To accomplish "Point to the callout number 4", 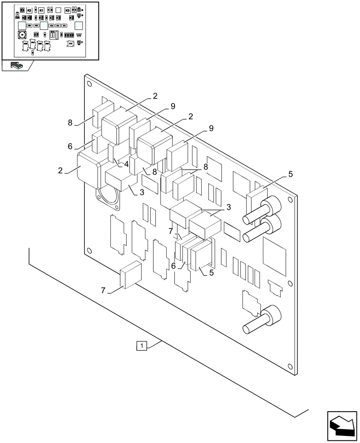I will tap(126, 164).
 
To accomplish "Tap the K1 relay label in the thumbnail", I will tap(41, 10).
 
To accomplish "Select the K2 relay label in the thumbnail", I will tap(29, 10).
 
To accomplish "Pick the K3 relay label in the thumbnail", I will tap(67, 10).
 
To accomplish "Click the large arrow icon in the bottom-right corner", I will tap(342, 426).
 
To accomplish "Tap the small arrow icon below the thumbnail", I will tap(17, 66).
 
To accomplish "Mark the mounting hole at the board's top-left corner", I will tap(89, 83).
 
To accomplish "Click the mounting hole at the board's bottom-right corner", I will tap(290, 366).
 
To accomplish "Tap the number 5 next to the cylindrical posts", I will tap(290, 175).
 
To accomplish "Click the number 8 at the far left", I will tap(70, 123).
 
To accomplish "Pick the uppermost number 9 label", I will tap(173, 106).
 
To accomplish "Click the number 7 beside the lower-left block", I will tap(103, 291).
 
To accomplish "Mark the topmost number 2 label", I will tap(155, 96).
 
